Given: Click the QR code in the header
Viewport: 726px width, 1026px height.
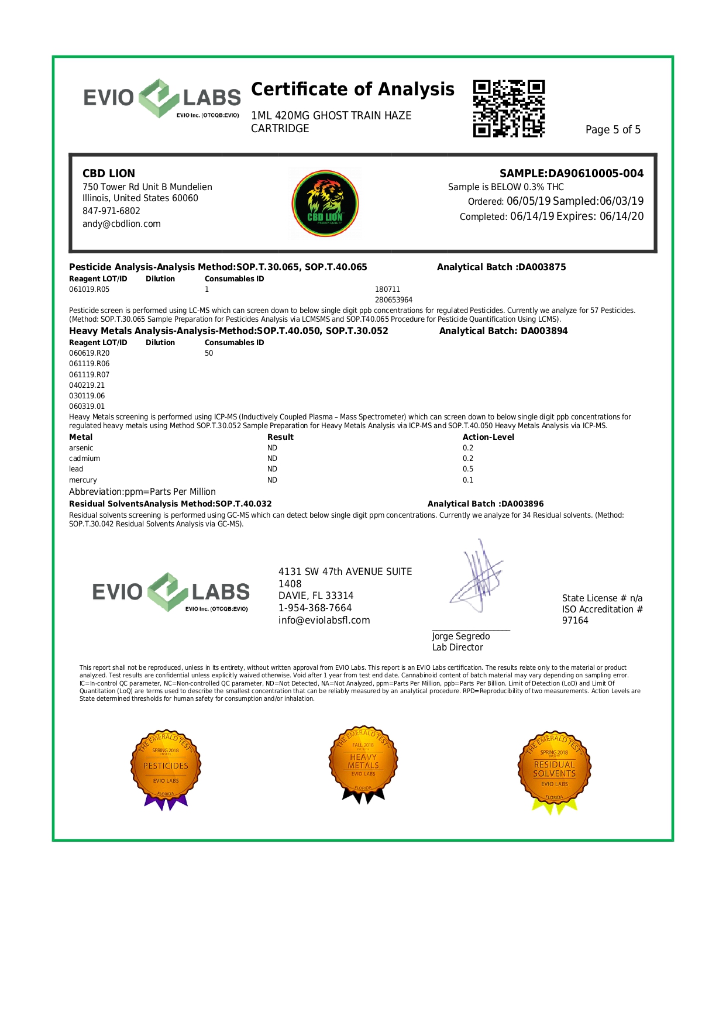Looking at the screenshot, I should click(508, 109).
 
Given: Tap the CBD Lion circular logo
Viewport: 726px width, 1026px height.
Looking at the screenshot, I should click(325, 204).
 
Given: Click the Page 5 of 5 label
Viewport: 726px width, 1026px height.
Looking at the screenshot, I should click(613, 130).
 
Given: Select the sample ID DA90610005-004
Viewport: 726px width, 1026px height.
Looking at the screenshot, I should click(595, 173).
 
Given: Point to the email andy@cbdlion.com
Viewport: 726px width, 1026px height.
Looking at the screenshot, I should click(122, 224).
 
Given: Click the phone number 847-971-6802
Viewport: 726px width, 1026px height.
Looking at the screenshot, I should click(111, 211).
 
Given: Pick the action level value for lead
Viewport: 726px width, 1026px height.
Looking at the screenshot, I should click(468, 469).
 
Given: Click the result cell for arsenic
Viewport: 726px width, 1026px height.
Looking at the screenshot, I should click(272, 448).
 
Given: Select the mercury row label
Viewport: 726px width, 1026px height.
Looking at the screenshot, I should click(83, 480).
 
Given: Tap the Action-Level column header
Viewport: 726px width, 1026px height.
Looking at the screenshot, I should click(488, 437).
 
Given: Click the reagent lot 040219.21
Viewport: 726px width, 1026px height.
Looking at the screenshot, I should click(87, 385).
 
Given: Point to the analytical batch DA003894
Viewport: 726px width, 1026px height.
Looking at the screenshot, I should click(544, 331).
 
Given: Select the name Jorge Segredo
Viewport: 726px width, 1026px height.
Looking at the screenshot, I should click(461, 636).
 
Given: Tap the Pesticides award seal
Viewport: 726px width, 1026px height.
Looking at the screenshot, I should click(166, 766).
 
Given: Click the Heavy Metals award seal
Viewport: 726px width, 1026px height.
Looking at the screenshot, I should click(363, 763).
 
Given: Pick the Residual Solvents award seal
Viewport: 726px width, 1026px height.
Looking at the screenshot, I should click(554, 767).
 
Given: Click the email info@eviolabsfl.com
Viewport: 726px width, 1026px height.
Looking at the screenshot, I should click(324, 621).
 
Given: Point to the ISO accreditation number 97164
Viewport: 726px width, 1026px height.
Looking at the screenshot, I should click(575, 621).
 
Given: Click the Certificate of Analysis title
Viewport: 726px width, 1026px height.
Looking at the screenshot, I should click(352, 89).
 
